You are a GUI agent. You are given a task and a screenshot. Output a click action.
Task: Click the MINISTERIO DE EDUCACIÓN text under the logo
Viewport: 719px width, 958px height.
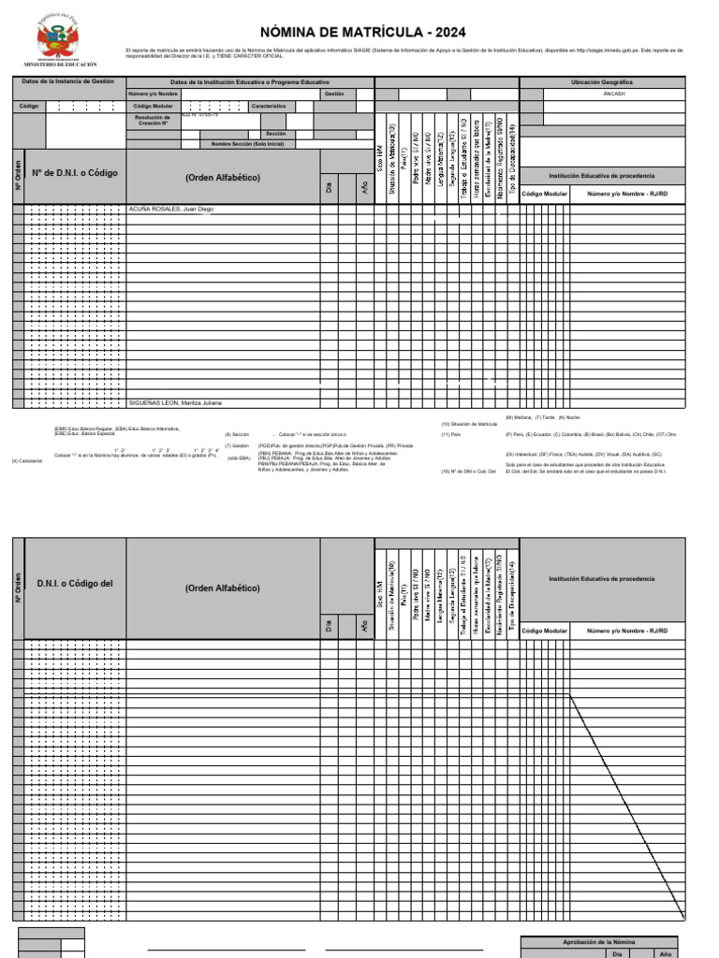[66, 65]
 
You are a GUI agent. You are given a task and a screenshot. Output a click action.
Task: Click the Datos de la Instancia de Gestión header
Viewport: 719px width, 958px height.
[67, 81]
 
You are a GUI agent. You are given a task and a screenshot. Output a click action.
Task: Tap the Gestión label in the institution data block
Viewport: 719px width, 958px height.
[334, 94]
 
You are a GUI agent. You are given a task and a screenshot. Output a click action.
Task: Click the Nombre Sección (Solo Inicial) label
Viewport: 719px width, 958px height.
[247, 144]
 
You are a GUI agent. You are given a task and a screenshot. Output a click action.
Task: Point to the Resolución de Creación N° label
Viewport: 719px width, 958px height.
[154, 120]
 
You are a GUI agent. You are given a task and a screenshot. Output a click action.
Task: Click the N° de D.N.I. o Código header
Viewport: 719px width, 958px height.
[75, 173]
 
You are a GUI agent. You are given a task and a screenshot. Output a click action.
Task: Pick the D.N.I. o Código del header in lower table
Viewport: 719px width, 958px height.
[75, 584]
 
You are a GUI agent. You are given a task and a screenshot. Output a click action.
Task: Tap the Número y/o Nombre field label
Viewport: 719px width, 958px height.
[154, 94]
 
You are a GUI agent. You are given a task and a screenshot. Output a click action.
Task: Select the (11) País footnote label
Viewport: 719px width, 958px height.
[451, 434]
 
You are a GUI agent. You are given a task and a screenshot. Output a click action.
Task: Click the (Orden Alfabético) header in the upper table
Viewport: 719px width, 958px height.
[223, 177]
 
